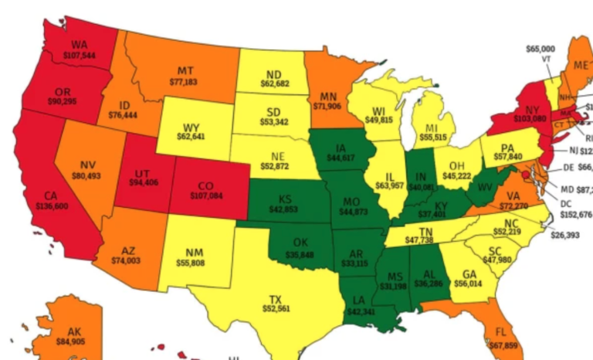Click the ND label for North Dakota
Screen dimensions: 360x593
(273, 75)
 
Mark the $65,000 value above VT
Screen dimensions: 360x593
(540, 49)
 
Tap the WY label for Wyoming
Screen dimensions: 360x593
(191, 127)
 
